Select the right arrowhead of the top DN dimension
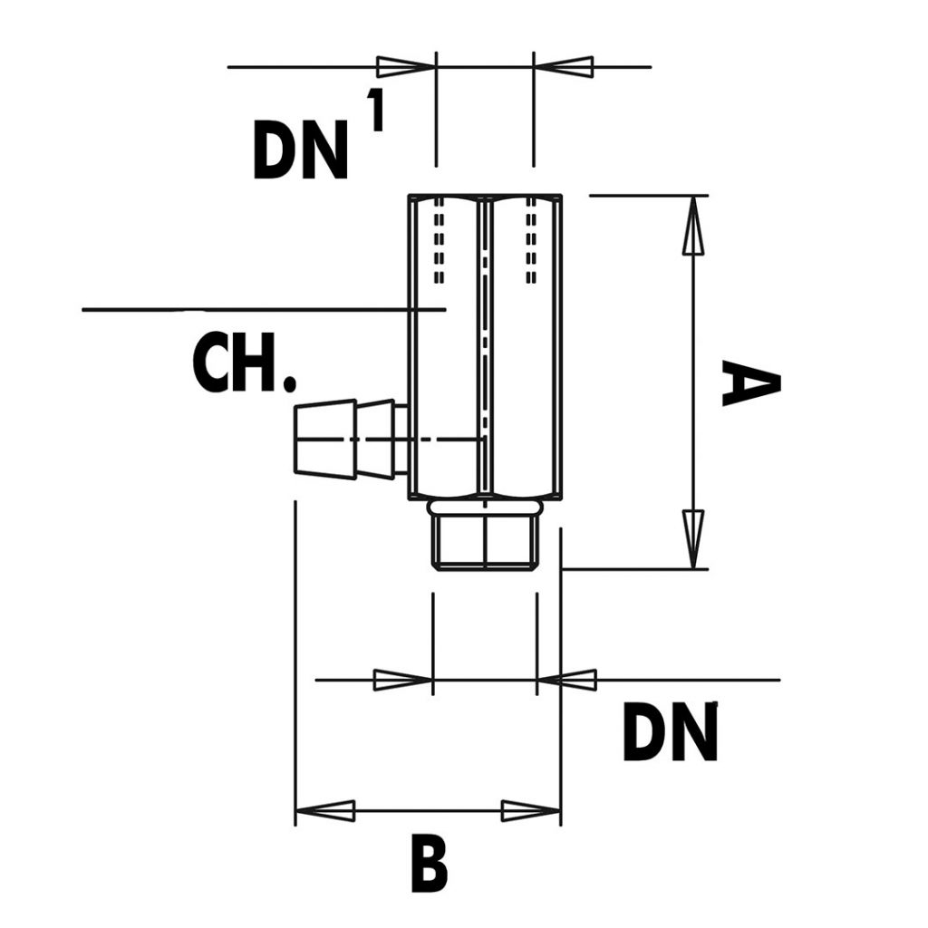[564, 66]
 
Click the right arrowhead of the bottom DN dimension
[567, 679]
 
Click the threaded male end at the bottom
[485, 541]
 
